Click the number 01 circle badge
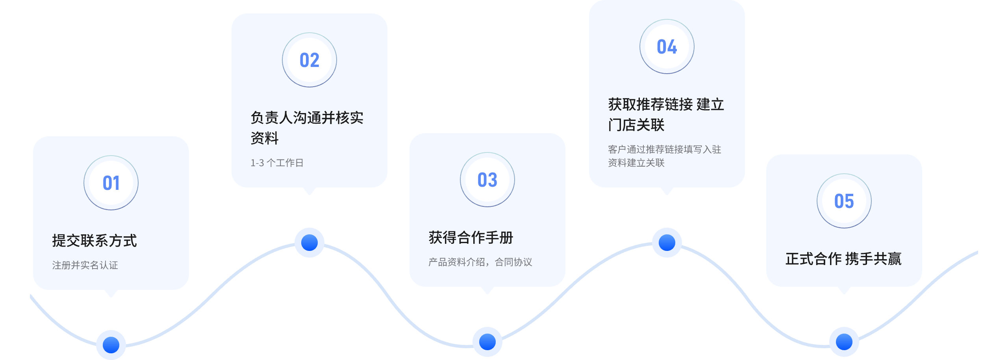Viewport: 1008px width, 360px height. tap(111, 183)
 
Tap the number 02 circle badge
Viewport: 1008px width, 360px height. tap(309, 60)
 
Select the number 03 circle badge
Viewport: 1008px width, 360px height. tap(487, 180)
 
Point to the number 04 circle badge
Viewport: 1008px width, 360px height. tap(667, 46)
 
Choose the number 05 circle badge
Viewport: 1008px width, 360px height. tap(844, 201)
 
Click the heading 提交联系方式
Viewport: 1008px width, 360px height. tap(94, 241)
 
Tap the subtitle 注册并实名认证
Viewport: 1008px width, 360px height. tap(85, 265)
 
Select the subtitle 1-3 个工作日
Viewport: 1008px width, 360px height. tap(277, 163)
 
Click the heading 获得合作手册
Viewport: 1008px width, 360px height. tap(471, 238)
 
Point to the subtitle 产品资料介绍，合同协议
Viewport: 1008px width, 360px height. tap(480, 262)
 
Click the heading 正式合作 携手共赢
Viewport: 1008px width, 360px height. tap(843, 259)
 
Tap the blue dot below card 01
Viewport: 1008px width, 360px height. tap(111, 345)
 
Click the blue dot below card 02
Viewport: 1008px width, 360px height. tap(309, 243)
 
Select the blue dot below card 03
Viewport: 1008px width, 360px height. tap(487, 341)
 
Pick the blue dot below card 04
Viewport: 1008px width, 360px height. tap(667, 243)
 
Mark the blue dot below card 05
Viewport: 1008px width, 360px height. tap(844, 341)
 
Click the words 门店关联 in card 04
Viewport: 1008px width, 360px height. tap(636, 125)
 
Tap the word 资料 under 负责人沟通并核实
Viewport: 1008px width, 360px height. tap(265, 138)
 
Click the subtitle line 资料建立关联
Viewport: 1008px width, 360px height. tap(636, 163)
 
